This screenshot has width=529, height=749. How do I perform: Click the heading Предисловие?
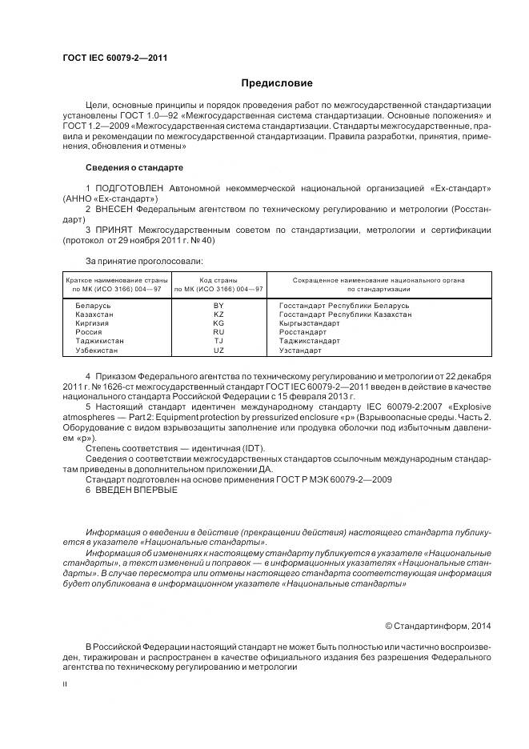pos(277,82)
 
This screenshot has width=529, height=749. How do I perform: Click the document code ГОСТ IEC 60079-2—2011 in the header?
pos(114,58)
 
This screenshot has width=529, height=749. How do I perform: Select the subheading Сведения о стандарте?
pos(134,168)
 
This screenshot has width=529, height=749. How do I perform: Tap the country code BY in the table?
pos(218,306)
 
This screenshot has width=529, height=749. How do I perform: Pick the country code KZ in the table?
pos(218,315)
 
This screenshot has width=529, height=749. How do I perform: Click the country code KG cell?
pos(218,324)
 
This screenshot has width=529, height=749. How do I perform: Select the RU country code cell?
pos(218,333)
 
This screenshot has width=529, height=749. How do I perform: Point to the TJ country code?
pos(218,342)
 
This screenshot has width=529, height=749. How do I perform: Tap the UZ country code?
pos(218,350)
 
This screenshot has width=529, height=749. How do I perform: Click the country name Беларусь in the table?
pos(93,306)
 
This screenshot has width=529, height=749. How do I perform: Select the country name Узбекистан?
pos(99,350)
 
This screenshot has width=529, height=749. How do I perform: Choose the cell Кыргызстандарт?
pos(311,324)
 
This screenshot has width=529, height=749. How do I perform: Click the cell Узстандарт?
pos(300,350)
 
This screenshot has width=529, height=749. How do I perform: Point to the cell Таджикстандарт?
pos(309,342)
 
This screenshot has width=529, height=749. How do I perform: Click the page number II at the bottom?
pos(66,685)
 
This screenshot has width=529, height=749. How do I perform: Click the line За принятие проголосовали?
pos(144,260)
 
